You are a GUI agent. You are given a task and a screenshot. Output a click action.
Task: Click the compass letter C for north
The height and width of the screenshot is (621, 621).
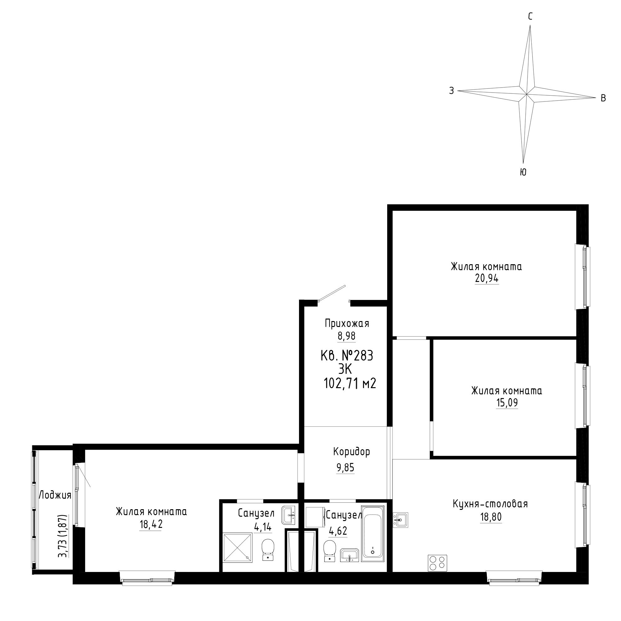(x=530, y=16)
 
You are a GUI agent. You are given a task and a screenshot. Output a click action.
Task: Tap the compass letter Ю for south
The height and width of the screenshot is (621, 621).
(x=523, y=172)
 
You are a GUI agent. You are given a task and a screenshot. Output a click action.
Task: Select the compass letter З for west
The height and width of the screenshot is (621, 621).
(x=451, y=91)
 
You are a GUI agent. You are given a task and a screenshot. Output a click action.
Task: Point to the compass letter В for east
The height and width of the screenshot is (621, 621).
(x=603, y=98)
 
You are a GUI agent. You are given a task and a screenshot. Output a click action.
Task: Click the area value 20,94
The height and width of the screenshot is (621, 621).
(x=487, y=278)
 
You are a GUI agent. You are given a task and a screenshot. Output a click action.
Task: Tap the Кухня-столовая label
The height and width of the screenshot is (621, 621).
(x=490, y=504)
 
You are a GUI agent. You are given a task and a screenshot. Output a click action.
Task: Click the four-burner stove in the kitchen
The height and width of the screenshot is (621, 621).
(x=437, y=563)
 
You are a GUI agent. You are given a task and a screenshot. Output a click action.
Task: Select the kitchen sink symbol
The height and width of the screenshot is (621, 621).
(x=400, y=520)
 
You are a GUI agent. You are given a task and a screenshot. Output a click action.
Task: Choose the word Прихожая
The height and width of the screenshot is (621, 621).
(x=347, y=323)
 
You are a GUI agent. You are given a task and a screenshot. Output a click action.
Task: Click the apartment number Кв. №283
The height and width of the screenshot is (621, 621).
(x=347, y=356)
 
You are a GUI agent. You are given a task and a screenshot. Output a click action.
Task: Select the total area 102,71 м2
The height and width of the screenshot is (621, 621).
(x=350, y=383)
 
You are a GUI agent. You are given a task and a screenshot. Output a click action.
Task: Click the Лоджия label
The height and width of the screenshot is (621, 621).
(x=55, y=495)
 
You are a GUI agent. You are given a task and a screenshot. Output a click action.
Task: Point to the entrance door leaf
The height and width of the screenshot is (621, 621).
(x=332, y=293)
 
